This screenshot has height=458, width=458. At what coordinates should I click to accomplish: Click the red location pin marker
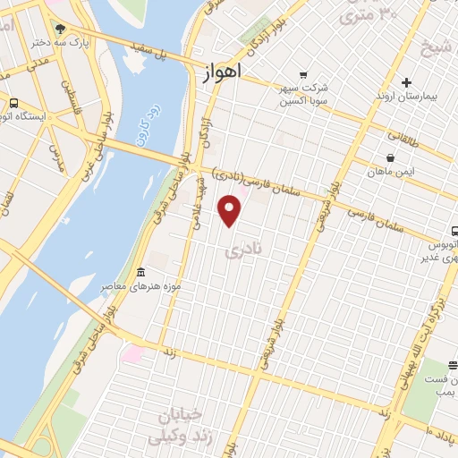[230, 211]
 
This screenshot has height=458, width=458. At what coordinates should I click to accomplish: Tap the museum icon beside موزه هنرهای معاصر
[140, 272]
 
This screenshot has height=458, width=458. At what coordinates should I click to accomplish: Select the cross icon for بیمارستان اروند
[407, 82]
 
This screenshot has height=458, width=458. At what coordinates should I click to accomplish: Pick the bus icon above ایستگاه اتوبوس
[13, 103]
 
